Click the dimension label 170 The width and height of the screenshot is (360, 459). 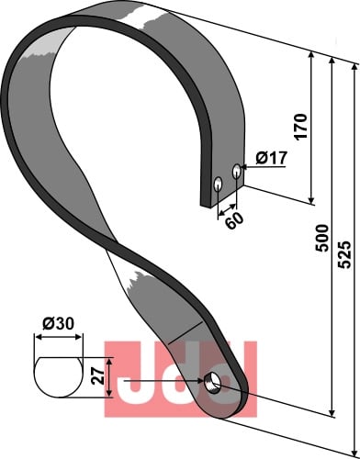(300, 127)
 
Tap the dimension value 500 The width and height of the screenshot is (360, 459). (321, 238)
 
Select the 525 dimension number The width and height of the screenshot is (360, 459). (343, 255)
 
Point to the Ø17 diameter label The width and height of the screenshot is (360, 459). (272, 158)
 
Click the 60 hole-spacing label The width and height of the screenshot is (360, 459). (235, 220)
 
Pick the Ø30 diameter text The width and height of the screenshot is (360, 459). (58, 323)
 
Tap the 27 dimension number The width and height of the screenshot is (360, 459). (98, 376)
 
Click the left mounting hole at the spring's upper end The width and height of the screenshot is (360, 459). (218, 184)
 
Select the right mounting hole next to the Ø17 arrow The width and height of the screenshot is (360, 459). (237, 171)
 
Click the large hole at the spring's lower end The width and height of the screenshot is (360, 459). (211, 383)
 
